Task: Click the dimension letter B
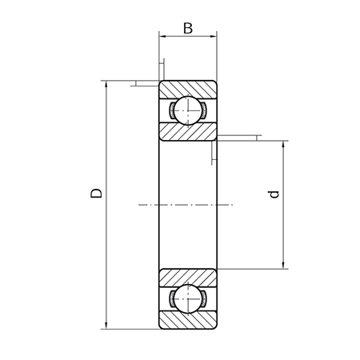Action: (x=188, y=28)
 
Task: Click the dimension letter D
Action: (x=96, y=193)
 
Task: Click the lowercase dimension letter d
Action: (x=274, y=194)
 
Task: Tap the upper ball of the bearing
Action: (x=188, y=110)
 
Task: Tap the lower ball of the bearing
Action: (x=188, y=298)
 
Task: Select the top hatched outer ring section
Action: (x=188, y=90)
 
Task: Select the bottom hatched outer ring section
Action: (x=188, y=320)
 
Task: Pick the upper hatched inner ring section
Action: (x=188, y=131)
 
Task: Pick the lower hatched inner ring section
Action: (x=188, y=278)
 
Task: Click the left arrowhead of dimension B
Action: (x=162, y=36)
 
